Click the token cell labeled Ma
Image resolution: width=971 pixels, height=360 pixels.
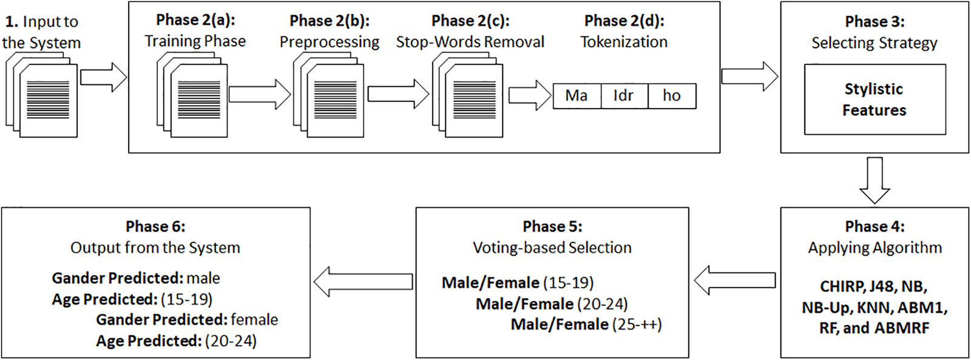[x=577, y=96]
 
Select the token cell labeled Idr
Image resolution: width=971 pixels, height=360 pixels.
[x=624, y=96]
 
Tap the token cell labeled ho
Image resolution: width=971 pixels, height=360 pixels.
[x=672, y=96]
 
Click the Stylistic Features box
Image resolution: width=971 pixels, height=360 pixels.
[x=875, y=100]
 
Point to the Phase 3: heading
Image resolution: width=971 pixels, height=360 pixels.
[x=875, y=22]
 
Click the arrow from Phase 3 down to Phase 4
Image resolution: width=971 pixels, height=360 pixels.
[x=875, y=180]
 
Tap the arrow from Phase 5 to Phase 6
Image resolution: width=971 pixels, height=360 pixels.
[x=363, y=282]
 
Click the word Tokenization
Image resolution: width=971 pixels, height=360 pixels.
[x=624, y=42]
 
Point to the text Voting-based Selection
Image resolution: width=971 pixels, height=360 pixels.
[x=552, y=248]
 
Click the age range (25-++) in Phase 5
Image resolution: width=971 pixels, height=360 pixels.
[x=637, y=325]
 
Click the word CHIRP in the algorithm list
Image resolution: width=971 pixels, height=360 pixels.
[x=842, y=287]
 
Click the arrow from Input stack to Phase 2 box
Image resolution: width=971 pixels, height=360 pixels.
[x=104, y=77]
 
